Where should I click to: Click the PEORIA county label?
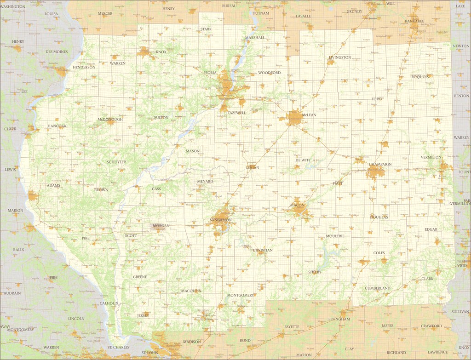(210, 73)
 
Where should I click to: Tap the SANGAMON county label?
(220, 220)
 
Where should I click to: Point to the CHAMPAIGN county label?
(380, 164)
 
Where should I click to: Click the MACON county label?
(297, 205)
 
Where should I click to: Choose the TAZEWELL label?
(237, 113)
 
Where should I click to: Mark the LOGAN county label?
(253, 167)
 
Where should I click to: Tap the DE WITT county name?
(303, 160)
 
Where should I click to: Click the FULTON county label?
(161, 118)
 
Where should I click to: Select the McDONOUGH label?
(110, 119)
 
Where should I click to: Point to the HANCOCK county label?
(57, 126)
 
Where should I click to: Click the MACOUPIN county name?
(191, 291)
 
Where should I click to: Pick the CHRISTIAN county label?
(263, 251)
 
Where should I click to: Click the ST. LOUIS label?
(150, 353)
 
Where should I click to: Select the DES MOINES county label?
(57, 52)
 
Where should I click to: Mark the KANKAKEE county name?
(414, 21)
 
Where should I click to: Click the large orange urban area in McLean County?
(294, 118)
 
